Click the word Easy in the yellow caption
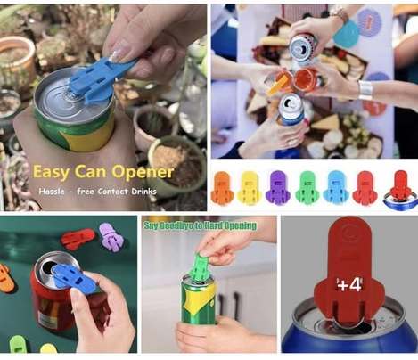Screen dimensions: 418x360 pyautogui.click(x=51, y=173)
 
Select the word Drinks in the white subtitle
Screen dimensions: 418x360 pyautogui.click(x=143, y=192)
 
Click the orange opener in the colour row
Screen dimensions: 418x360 pyautogui.click(x=222, y=187)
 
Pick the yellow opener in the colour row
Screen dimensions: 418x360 pyautogui.click(x=250, y=187)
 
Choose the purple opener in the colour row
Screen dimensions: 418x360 pyautogui.click(x=278, y=187)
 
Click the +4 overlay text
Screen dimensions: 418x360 pyautogui.click(x=349, y=285)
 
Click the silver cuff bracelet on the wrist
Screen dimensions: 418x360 pyautogui.click(x=365, y=90)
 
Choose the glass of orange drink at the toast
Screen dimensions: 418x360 pyautogui.click(x=306, y=78)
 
